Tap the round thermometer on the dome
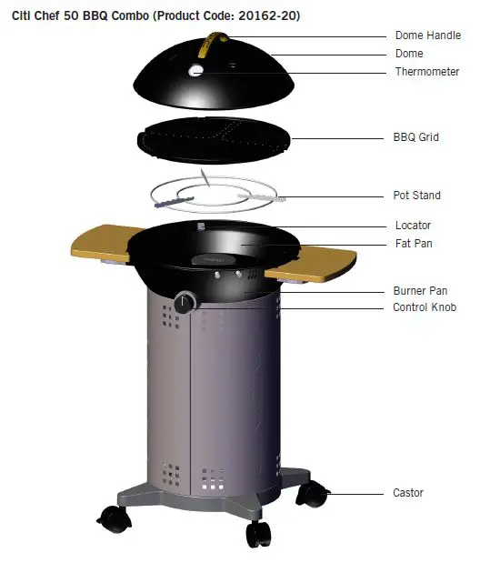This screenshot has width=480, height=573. pyautogui.click(x=197, y=70)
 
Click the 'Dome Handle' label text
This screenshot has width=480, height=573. pyautogui.click(x=427, y=36)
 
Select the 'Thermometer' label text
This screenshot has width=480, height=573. pyautogui.click(x=426, y=72)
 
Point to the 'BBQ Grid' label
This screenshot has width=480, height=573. pyautogui.click(x=416, y=138)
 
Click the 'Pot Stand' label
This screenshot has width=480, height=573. pyautogui.click(x=417, y=196)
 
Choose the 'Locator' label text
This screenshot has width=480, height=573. pyautogui.click(x=413, y=226)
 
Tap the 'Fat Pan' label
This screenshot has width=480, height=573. pyautogui.click(x=414, y=244)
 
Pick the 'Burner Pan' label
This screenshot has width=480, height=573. pyautogui.click(x=420, y=291)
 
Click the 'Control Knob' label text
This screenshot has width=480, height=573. pyautogui.click(x=425, y=308)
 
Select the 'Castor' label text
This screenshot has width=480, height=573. pyautogui.click(x=408, y=493)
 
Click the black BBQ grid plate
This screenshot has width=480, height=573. pyautogui.click(x=213, y=137)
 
